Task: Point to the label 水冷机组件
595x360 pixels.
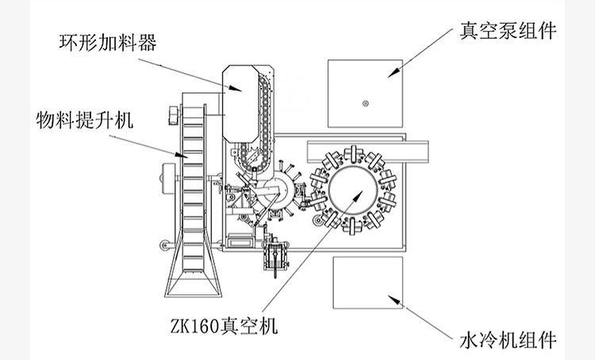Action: (x=507, y=341)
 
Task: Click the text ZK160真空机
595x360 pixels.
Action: (x=224, y=326)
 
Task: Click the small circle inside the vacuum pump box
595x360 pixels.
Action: (x=365, y=103)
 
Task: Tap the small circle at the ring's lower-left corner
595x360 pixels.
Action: (x=317, y=218)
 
